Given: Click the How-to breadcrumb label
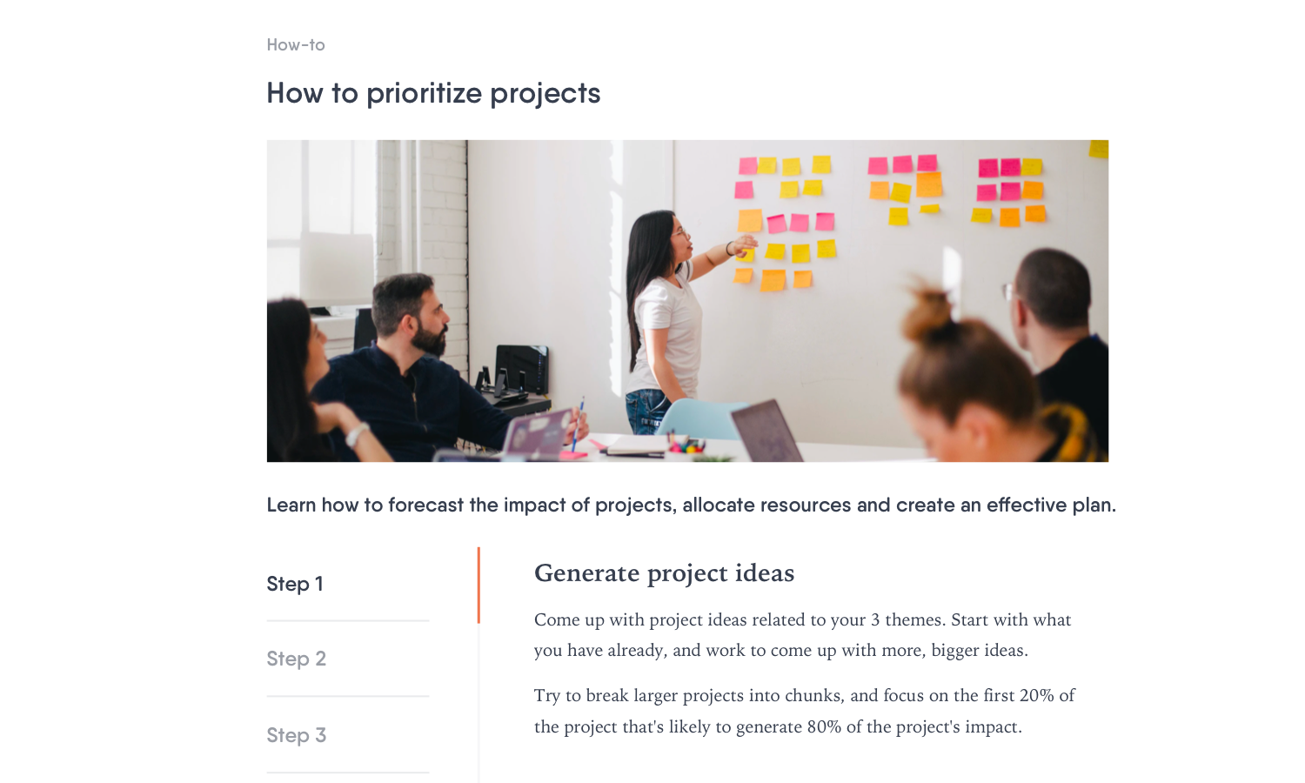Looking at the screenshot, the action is [x=296, y=45].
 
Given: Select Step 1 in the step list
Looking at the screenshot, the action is [x=295, y=584].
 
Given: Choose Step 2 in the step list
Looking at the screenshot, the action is [x=296, y=659].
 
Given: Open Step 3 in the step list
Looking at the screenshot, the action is [x=296, y=735].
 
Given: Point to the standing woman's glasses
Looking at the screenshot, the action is [x=680, y=234].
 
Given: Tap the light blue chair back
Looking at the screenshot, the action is [x=699, y=418].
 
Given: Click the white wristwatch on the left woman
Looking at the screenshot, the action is [x=357, y=435].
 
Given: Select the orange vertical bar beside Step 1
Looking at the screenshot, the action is [x=478, y=585].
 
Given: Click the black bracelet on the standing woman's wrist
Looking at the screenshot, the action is [x=729, y=249].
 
